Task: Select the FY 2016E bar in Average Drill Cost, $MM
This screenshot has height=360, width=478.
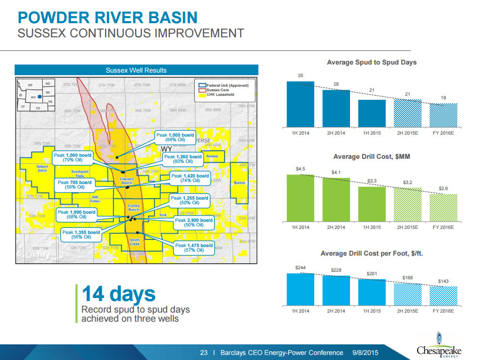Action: pos(443,207)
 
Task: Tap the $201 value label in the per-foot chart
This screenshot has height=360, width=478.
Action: pos(372,273)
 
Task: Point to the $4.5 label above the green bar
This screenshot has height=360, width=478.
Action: pos(300,168)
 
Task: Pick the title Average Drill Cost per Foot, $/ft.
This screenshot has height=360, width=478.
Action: pos(372,253)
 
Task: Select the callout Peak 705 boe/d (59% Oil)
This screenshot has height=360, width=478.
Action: pos(75,185)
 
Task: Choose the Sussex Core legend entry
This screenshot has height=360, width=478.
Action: pos(217,90)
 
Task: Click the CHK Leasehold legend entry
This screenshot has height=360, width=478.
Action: pos(220,94)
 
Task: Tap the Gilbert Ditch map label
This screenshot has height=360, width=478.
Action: pos(42,169)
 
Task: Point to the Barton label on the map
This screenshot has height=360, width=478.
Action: pos(240,183)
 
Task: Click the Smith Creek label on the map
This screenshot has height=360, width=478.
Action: pos(135,242)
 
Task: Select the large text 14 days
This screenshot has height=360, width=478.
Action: pos(119,294)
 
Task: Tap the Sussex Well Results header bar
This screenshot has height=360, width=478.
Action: pos(136,70)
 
